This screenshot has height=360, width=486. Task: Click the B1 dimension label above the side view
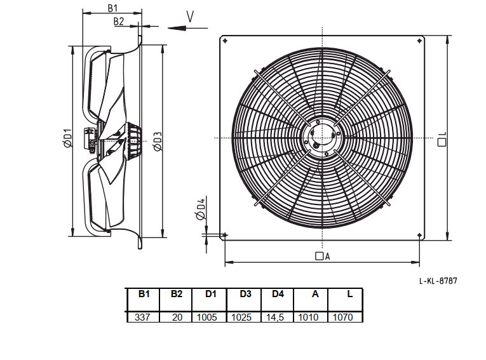pyautogui.click(x=112, y=8)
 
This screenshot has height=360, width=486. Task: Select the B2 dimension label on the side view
pyautogui.click(x=119, y=22)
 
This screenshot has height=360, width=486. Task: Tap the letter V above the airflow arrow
pyautogui.click(x=190, y=17)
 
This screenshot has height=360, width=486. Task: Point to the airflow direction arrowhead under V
pyautogui.click(x=177, y=28)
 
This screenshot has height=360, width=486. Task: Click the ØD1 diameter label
pyautogui.click(x=67, y=138)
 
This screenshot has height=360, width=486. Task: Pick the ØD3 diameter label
pyautogui.click(x=158, y=142)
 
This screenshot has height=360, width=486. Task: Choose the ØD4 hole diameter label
pyautogui.click(x=201, y=209)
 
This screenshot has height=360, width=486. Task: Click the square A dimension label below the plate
pyautogui.click(x=323, y=257)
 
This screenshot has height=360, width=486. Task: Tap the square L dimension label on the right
pyautogui.click(x=442, y=139)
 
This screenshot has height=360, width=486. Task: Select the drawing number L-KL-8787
pyautogui.click(x=438, y=281)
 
